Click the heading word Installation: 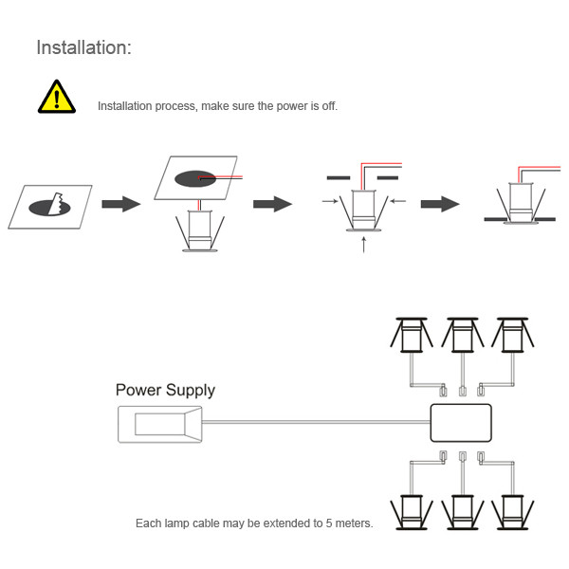coord(83,47)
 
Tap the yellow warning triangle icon coord(56,98)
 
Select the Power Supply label coord(165,390)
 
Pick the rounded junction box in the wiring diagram coord(461,422)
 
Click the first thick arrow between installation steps coord(121,204)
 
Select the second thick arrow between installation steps coord(271,204)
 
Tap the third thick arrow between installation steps coord(440,204)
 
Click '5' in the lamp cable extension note coord(334,523)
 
